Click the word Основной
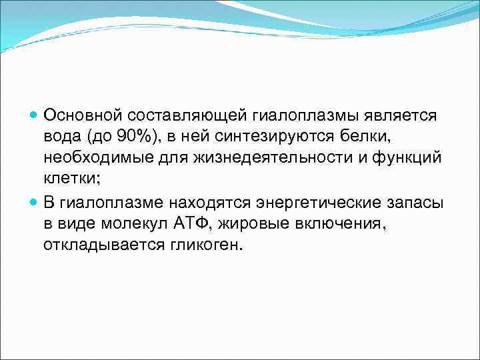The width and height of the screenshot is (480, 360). [81, 115]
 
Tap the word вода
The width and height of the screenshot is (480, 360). [61, 137]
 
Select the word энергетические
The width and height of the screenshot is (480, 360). [312, 201]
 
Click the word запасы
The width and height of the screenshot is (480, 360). [405, 201]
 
